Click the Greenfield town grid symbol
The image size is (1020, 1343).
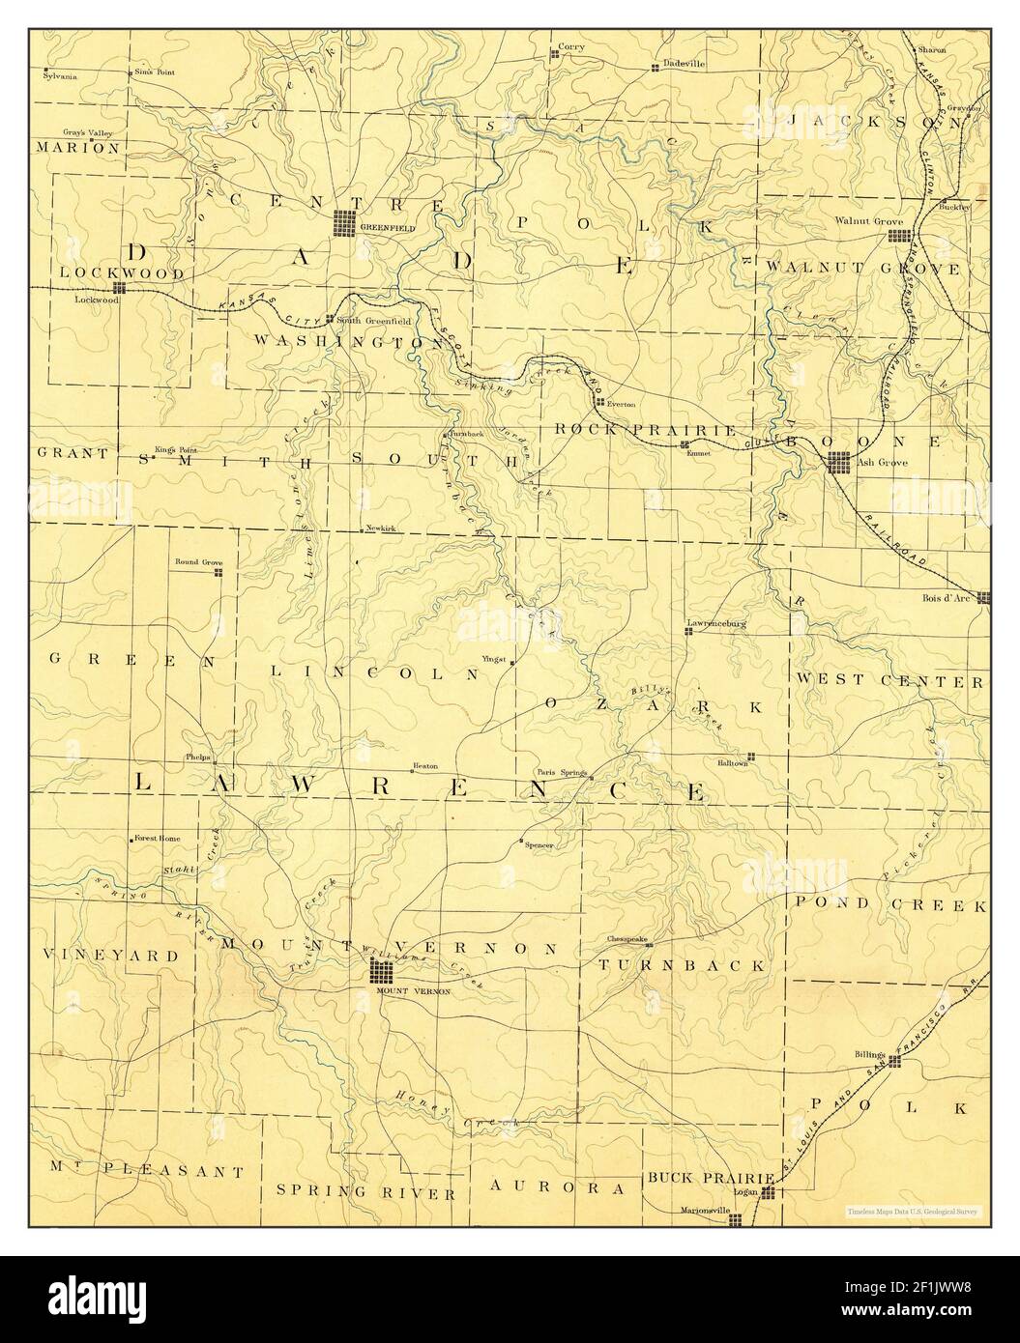[345, 223]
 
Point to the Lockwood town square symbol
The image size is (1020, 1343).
[119, 288]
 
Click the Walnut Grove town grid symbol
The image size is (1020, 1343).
[900, 235]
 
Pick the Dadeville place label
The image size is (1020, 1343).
[685, 64]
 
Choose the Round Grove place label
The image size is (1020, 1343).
[198, 561]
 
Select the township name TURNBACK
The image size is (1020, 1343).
[682, 965]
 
